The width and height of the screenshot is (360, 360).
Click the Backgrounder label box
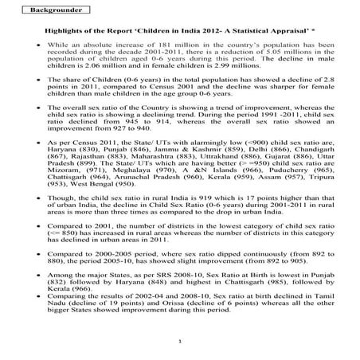49,11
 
